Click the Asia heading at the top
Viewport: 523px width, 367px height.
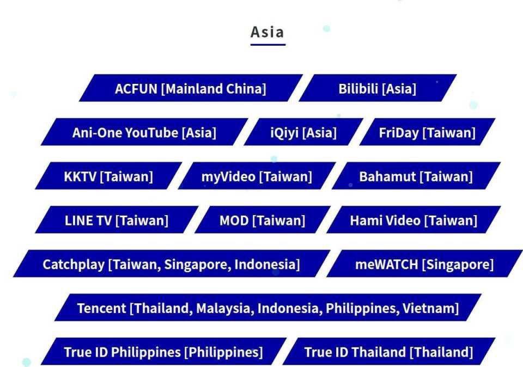(x=267, y=32)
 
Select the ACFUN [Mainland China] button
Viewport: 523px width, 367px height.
(x=190, y=89)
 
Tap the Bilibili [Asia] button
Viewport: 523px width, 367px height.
(x=377, y=89)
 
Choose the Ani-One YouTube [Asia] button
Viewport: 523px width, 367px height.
(x=144, y=132)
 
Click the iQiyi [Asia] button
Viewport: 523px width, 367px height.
(x=303, y=132)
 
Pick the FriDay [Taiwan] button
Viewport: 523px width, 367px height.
(x=427, y=132)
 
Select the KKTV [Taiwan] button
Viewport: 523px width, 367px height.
(x=108, y=176)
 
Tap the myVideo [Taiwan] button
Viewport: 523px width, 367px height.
(x=257, y=176)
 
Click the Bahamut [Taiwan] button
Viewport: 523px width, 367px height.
(x=416, y=176)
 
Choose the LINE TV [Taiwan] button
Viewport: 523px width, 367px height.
(x=116, y=221)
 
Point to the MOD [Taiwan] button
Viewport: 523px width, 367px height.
(x=262, y=221)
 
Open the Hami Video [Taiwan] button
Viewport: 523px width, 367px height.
(x=413, y=221)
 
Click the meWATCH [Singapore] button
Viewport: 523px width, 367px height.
(x=424, y=265)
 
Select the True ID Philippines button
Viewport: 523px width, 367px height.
(x=163, y=352)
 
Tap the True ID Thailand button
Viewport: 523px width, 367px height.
(x=388, y=352)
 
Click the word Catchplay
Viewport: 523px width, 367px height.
(x=73, y=265)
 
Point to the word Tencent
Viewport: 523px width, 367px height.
(x=101, y=308)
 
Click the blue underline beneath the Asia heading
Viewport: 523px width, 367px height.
(x=267, y=45)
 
